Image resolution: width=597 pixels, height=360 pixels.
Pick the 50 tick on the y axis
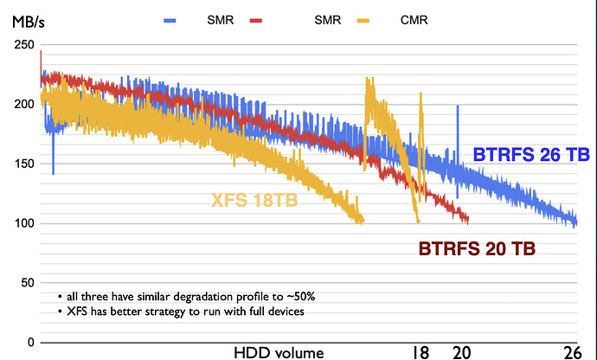pyautogui.click(x=27, y=283)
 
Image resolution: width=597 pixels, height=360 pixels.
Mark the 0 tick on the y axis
pyautogui.click(x=31, y=343)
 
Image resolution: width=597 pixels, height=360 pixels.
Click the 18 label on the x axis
pyautogui.click(x=420, y=351)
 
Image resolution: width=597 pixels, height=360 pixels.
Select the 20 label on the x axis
pyautogui.click(x=460, y=351)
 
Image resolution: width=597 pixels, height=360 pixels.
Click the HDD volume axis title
pyautogui.click(x=279, y=351)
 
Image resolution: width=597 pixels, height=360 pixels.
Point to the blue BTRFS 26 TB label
pyautogui.click(x=531, y=156)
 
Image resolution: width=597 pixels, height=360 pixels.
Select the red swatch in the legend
pyautogui.click(x=255, y=19)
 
